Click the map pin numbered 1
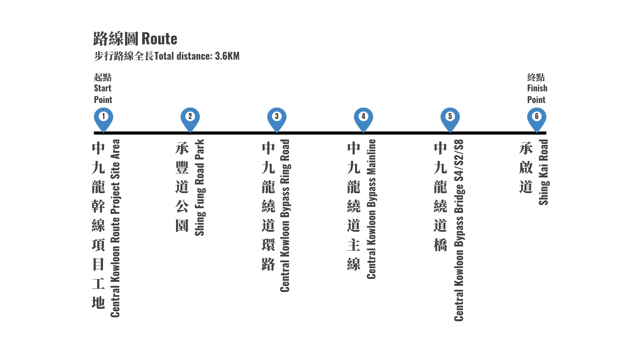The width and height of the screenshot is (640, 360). tap(103, 120)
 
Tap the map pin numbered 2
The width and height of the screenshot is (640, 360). tap(190, 120)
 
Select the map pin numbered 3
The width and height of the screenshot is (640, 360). tap(277, 120)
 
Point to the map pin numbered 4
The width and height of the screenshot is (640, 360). tap(363, 120)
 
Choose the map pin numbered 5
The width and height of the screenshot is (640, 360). tap(450, 120)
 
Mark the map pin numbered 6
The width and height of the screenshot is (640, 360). tap(537, 120)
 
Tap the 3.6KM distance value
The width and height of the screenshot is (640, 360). tap(227, 56)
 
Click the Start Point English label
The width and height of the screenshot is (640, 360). tap(103, 94)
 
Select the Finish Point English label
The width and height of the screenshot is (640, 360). tap(537, 94)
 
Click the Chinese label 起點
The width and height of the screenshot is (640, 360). tap(103, 77)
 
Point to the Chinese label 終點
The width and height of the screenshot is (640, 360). tap(536, 77)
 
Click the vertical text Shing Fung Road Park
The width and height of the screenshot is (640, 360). tap(200, 187)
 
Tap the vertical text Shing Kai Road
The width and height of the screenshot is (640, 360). tap(544, 172)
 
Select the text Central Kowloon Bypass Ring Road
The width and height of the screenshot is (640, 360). tap(285, 216)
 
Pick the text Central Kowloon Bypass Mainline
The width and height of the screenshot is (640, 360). tap(371, 209)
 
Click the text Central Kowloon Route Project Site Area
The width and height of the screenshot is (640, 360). tap(115, 228)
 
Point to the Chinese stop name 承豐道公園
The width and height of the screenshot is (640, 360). tap(182, 187)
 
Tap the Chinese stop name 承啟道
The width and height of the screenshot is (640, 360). tap(526, 168)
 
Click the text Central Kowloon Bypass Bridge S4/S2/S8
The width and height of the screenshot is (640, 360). tap(459, 230)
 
